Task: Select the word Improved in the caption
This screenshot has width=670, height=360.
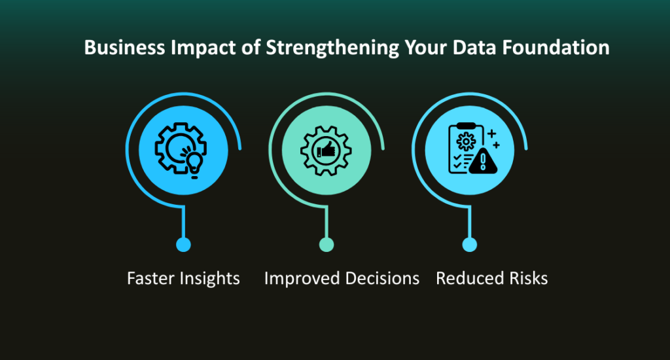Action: (298, 278)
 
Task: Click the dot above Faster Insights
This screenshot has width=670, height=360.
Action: (183, 245)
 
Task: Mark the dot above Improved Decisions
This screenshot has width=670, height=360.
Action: (326, 245)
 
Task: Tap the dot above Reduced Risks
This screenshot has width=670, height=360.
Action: (469, 245)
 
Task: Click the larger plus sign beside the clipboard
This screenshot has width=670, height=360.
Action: (491, 134)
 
